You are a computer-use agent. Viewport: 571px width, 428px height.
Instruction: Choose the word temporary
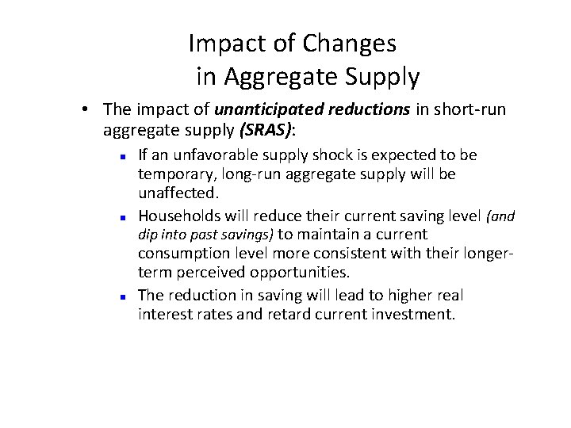171,174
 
